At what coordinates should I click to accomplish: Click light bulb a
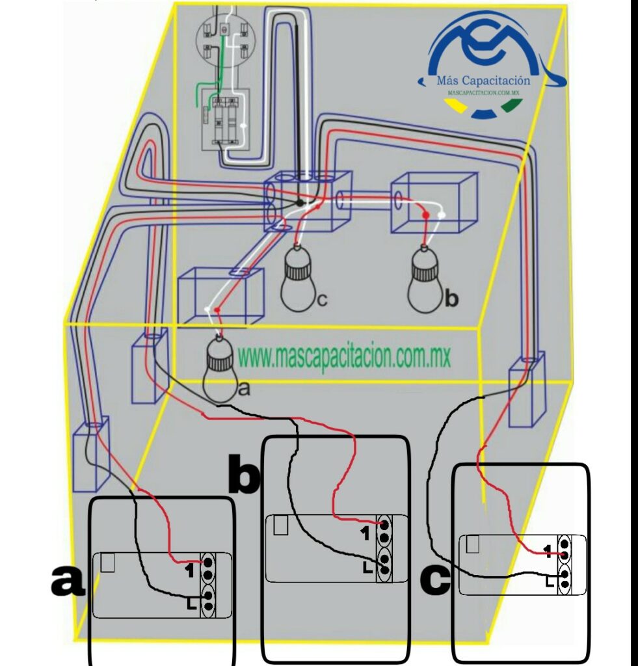pyautogui.click(x=219, y=369)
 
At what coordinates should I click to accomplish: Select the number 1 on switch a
pyautogui.click(x=190, y=570)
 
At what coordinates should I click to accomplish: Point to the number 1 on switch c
pyautogui.click(x=548, y=552)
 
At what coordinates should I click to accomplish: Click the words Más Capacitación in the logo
pyautogui.click(x=483, y=80)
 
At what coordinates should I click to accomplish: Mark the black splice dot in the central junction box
pyautogui.click(x=299, y=203)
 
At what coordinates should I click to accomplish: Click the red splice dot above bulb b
pyautogui.click(x=426, y=215)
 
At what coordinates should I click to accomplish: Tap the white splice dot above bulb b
pyautogui.click(x=442, y=215)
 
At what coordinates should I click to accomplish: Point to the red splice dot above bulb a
pyautogui.click(x=217, y=310)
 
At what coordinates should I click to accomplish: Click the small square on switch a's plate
pyautogui.click(x=107, y=564)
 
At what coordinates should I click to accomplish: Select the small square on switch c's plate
pyautogui.click(x=473, y=544)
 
